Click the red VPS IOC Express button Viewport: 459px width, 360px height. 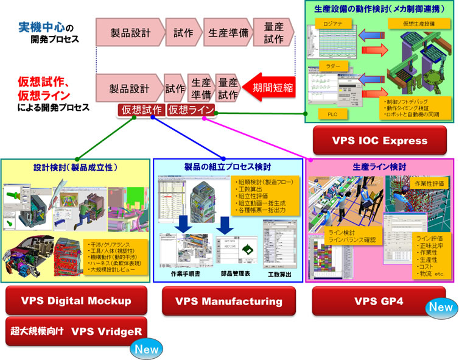pos(380,141)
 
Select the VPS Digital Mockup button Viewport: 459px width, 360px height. pos(76,300)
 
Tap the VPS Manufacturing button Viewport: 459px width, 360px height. pos(228,300)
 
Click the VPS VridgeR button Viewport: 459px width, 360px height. pos(76,331)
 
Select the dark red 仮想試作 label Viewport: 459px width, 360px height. pos(141,110)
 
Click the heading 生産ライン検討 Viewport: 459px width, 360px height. pos(380,167)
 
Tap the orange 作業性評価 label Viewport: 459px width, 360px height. pos(430,183)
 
